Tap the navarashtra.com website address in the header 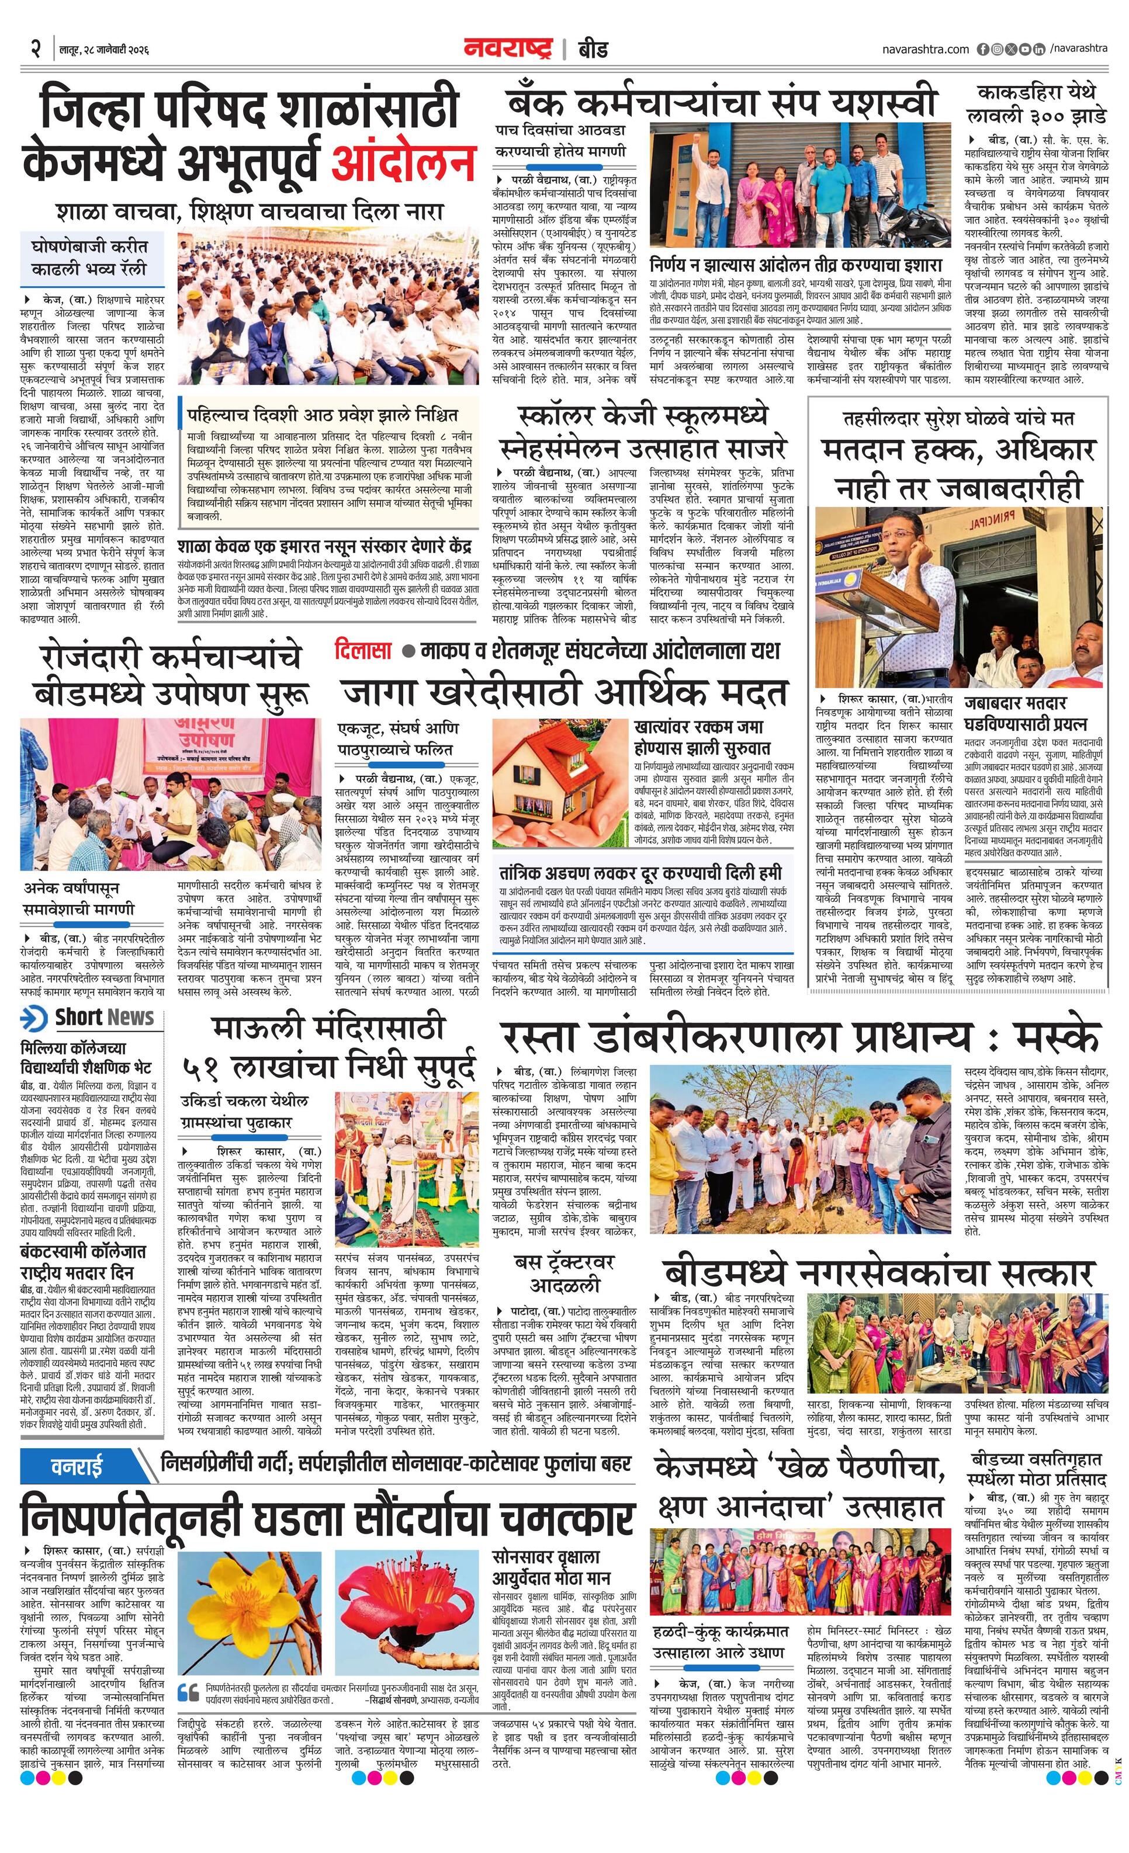coord(925,49)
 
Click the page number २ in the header coord(35,50)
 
